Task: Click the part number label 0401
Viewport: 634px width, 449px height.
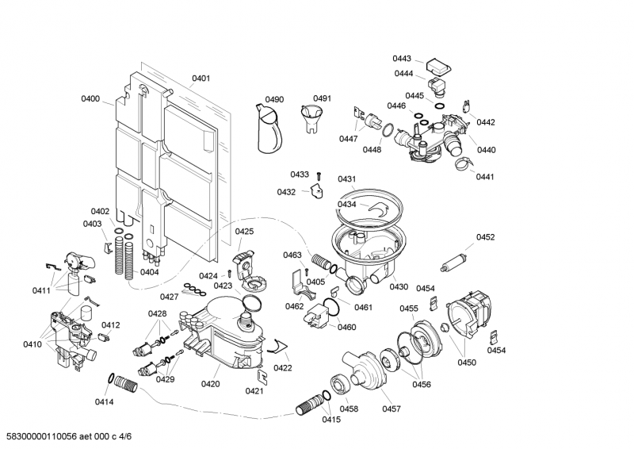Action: pyautogui.click(x=201, y=79)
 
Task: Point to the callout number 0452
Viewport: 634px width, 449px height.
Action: pyautogui.click(x=485, y=237)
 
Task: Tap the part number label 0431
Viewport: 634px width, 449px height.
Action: pyautogui.click(x=346, y=179)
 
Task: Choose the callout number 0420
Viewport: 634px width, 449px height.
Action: pyautogui.click(x=210, y=384)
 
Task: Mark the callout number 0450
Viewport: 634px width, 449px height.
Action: pyautogui.click(x=466, y=363)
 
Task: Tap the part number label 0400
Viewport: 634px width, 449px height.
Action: pyautogui.click(x=90, y=99)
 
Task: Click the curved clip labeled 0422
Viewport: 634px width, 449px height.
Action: pyautogui.click(x=277, y=344)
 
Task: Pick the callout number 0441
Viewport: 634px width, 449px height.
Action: pyautogui.click(x=485, y=177)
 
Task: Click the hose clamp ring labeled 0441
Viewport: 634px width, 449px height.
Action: pyautogui.click(x=460, y=165)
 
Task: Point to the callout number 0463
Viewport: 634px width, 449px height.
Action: pyautogui.click(x=292, y=255)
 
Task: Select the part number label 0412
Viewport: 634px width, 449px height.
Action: pyautogui.click(x=110, y=325)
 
